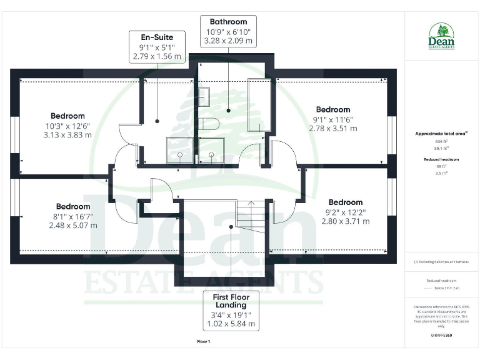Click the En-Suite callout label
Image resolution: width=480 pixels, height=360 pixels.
157,47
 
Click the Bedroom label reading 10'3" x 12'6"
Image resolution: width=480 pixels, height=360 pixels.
67,125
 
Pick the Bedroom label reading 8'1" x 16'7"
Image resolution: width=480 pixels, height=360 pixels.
73,216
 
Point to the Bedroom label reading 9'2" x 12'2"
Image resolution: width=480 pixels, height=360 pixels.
346,211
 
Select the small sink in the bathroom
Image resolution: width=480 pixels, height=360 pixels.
204,97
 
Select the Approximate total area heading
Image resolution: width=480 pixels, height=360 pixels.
441,133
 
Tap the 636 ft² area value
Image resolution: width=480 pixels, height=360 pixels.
441,142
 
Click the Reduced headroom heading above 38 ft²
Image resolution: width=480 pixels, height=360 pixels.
441,160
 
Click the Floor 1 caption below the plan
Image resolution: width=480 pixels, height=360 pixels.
204,342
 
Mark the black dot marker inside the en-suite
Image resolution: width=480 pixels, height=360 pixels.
157,121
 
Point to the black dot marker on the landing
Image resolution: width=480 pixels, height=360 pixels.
231,227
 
